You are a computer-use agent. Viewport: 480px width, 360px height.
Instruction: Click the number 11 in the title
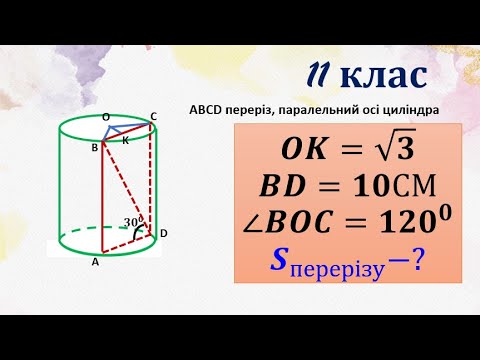tap(319, 75)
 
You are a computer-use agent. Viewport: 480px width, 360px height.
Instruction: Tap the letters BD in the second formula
tap(283, 187)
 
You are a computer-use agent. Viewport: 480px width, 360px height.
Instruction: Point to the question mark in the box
tap(411, 262)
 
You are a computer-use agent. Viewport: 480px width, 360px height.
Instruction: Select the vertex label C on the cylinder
tap(153, 117)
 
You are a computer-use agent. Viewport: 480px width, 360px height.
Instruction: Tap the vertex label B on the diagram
tap(94, 148)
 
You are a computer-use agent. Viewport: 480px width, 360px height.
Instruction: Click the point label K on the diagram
tap(126, 142)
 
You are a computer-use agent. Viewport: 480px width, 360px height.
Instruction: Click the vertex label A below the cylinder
tap(95, 262)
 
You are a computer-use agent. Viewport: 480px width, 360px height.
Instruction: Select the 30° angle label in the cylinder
tap(132, 221)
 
